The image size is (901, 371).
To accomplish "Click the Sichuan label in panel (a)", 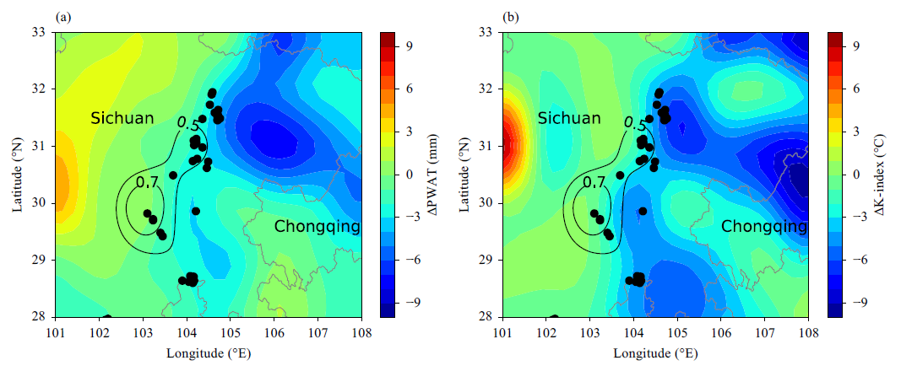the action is pos(122,119).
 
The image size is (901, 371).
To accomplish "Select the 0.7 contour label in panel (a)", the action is pos(147,183).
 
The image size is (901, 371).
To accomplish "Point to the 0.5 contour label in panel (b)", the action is pos(634,123).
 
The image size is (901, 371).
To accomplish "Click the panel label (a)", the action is pos(62,17).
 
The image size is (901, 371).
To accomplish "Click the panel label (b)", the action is pos(510,17).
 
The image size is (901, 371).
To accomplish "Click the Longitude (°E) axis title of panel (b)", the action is pos(655,354).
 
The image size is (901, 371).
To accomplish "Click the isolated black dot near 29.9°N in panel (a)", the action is pos(195,211).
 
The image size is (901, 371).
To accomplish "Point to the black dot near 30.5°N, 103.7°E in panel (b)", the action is pos(620,175).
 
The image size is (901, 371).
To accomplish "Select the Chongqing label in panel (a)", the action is pos(318,228).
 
